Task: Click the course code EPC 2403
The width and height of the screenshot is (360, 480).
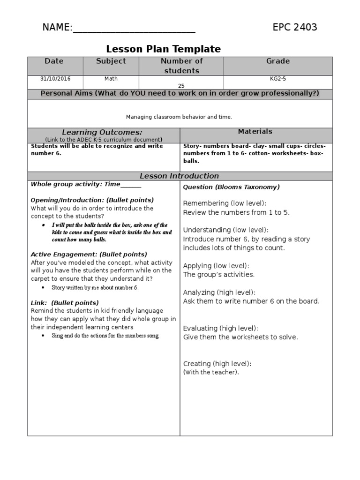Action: click(x=295, y=27)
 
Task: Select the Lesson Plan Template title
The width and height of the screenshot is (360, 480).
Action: click(x=163, y=49)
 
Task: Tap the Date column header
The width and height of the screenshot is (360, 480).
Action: click(x=54, y=61)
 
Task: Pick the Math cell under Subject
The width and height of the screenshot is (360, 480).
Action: click(x=111, y=79)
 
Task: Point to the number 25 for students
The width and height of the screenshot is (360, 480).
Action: click(x=181, y=86)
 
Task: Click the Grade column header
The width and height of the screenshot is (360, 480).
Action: click(x=278, y=61)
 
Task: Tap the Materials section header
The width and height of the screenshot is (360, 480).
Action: click(x=255, y=132)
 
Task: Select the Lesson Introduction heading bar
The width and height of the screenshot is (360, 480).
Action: click(x=180, y=176)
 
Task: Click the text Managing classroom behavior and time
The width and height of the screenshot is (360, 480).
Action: click(x=179, y=117)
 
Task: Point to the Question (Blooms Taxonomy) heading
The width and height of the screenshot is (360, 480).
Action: click(x=231, y=187)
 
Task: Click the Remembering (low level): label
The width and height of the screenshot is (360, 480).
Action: click(x=225, y=203)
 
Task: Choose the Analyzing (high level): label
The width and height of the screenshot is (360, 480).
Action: click(x=219, y=292)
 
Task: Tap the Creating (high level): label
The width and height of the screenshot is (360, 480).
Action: click(x=217, y=364)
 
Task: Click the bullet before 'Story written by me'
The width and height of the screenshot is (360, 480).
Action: click(x=43, y=287)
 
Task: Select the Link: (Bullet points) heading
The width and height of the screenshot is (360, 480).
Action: click(x=65, y=303)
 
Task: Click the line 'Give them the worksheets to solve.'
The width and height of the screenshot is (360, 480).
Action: click(x=240, y=337)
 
